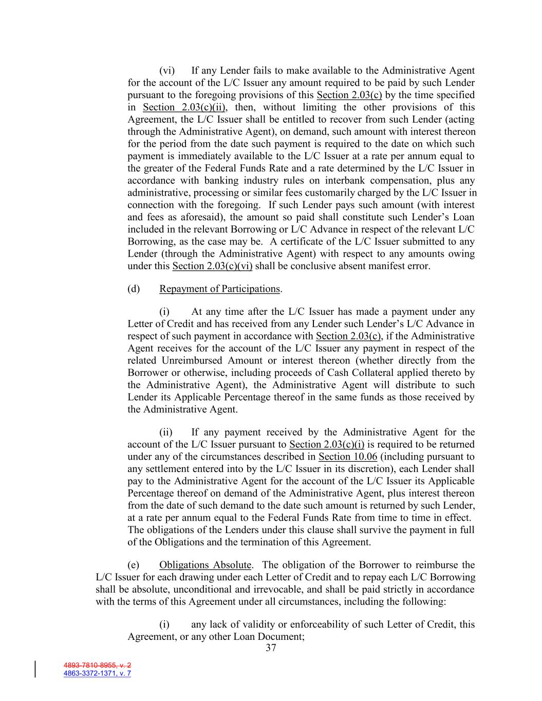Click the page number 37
(x=271, y=648)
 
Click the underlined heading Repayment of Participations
(x=220, y=289)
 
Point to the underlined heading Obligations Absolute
(x=205, y=565)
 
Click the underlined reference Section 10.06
(x=348, y=457)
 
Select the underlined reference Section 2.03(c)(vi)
(x=212, y=266)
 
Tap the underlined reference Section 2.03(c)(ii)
(x=185, y=107)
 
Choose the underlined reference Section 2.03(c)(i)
(x=327, y=444)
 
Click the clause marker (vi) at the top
(x=167, y=71)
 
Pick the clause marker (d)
(x=134, y=289)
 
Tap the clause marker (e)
(x=134, y=565)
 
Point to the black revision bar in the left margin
(x=35, y=669)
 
